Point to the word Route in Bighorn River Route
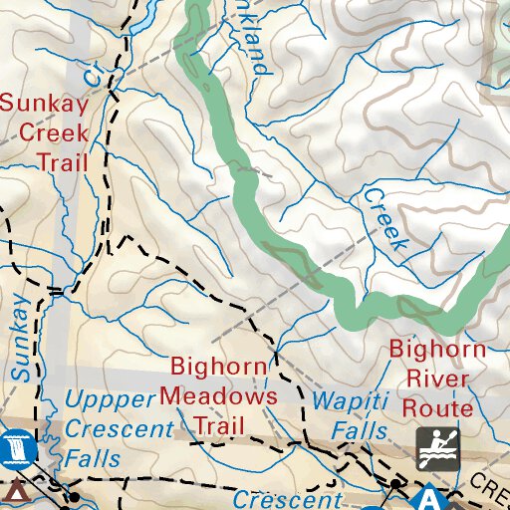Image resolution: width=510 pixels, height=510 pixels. pos(436,408)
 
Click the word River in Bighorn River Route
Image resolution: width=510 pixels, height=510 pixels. pos(436,379)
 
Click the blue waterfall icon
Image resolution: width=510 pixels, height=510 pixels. pos(18,447)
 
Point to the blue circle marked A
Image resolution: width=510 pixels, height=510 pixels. pos(429,497)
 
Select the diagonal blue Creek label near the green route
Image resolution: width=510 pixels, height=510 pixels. pos(385,218)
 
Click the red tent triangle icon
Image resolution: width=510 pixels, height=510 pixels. pos(15,492)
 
